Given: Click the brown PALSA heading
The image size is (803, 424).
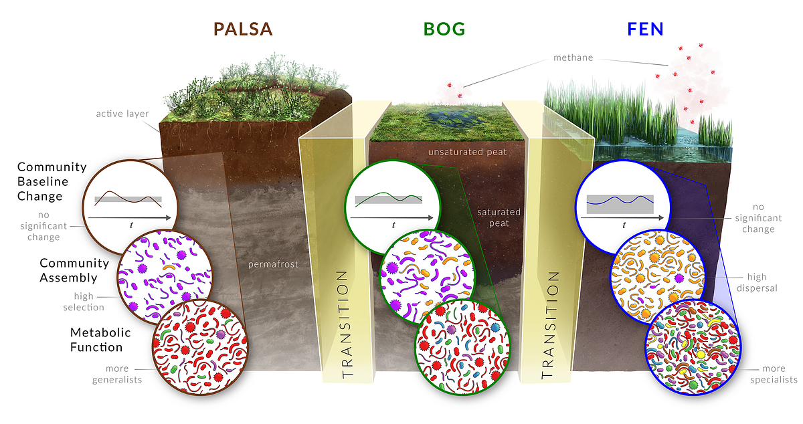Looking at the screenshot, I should click(x=243, y=29).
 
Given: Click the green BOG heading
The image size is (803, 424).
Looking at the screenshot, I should click(x=444, y=29).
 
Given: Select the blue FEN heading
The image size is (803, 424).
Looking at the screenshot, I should click(x=645, y=29).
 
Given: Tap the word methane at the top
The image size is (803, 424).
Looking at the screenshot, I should click(x=573, y=58).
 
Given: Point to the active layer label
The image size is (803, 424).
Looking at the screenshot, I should click(x=122, y=113).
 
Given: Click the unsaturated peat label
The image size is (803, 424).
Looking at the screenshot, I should click(x=467, y=152).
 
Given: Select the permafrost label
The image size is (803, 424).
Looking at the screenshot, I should click(x=272, y=264).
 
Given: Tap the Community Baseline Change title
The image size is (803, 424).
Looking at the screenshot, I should click(x=52, y=181).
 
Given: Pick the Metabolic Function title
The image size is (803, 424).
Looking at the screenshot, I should click(x=100, y=340).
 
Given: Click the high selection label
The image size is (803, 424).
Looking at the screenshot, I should click(x=88, y=302).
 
